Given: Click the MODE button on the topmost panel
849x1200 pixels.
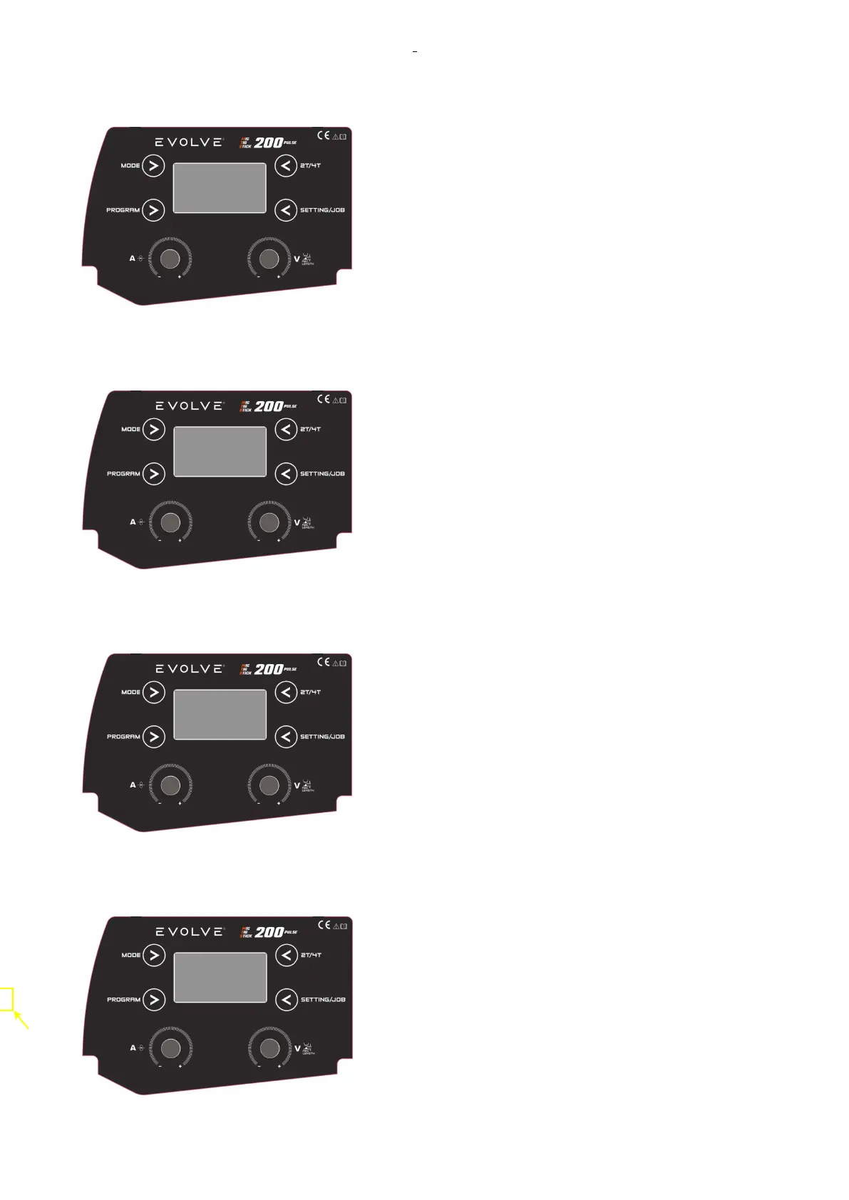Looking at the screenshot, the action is [x=153, y=166].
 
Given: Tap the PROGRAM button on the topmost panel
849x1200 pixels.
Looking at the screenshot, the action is [x=153, y=210].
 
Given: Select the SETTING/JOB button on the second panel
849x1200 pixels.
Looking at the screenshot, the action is [x=286, y=474].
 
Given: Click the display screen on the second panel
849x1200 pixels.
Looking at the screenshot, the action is [x=220, y=452].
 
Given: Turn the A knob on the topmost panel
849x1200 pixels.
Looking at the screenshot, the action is [x=170, y=258].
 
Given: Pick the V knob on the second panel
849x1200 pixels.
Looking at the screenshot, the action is [x=269, y=522].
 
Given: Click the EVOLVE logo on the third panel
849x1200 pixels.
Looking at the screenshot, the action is [x=189, y=669].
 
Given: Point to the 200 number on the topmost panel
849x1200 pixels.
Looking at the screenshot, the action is [x=269, y=143].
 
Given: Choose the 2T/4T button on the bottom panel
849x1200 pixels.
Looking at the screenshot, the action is [x=286, y=955].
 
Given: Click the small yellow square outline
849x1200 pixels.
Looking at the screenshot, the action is [x=6, y=999].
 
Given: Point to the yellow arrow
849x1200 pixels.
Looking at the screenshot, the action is [x=21, y=1020].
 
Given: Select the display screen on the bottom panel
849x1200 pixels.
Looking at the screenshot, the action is [x=220, y=977].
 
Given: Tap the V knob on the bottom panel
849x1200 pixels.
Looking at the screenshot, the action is [x=269, y=1048].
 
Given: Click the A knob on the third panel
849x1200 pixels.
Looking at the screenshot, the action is [x=170, y=785].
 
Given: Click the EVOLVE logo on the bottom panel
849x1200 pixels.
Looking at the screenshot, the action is [x=189, y=932].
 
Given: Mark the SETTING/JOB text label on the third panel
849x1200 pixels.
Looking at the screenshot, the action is [x=322, y=737].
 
